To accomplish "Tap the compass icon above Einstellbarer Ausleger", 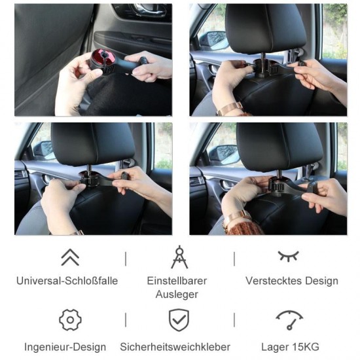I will [179, 257].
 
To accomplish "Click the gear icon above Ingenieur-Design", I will [70, 320].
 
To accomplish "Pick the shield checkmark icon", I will [179, 320].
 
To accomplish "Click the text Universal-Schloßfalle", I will [67, 281].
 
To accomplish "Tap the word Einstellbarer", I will [177, 281].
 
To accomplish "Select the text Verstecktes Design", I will [292, 281].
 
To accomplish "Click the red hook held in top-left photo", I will [103, 61].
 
